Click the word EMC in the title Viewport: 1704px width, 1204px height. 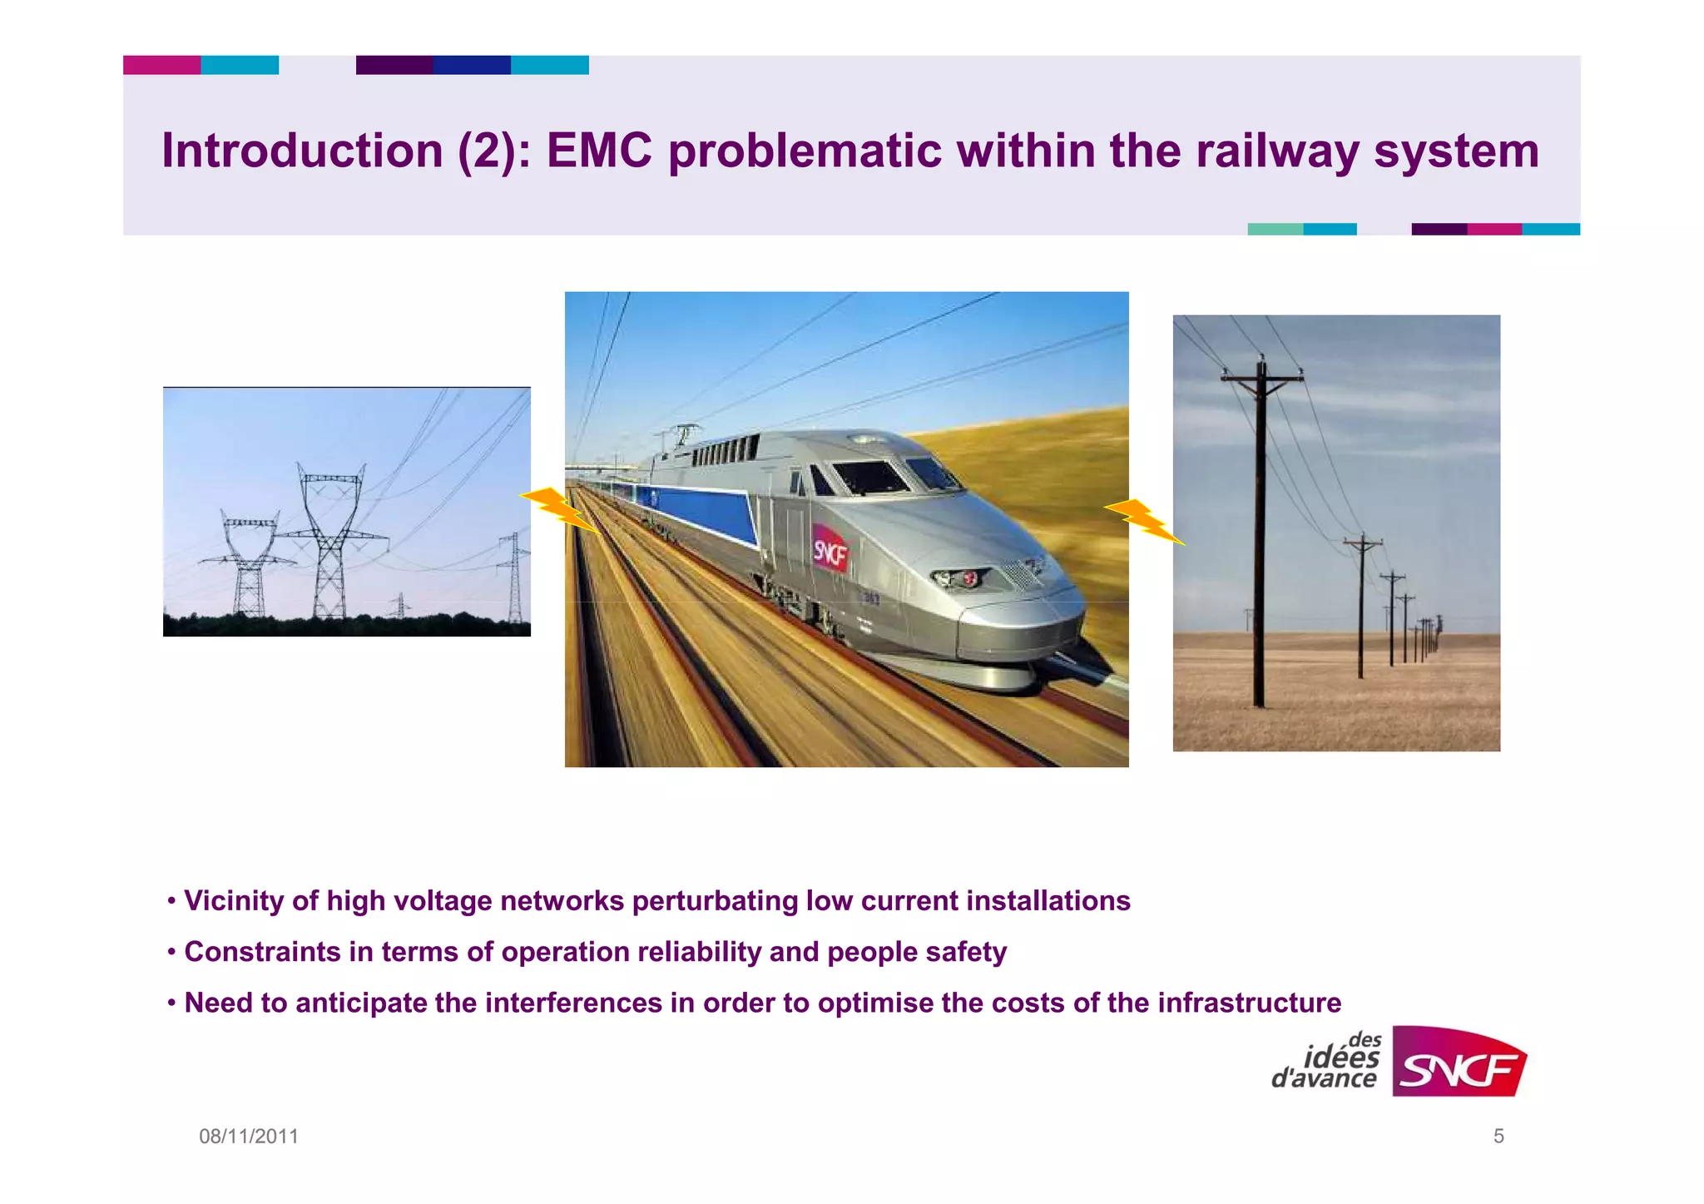click(598, 151)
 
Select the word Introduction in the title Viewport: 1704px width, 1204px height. click(302, 151)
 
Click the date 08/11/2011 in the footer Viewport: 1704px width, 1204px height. click(248, 1136)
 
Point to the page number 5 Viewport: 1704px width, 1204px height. click(1498, 1136)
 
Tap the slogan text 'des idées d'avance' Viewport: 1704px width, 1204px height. click(1326, 1062)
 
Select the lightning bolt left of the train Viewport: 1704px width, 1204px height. click(557, 508)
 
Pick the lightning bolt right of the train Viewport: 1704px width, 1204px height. click(1145, 520)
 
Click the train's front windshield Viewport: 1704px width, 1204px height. click(869, 477)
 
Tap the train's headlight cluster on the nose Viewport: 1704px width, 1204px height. click(960, 577)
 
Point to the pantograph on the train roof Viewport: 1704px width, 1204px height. click(684, 434)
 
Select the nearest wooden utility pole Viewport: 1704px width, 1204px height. click(1261, 533)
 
